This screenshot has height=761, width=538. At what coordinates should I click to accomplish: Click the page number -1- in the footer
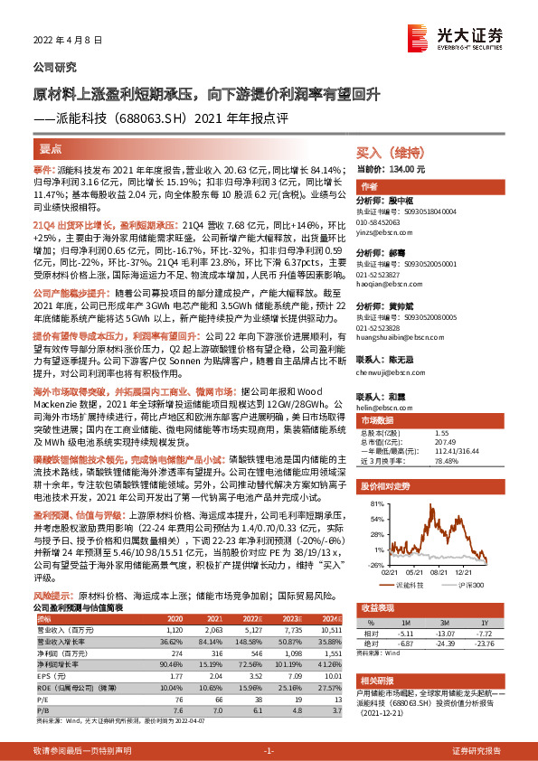coord(268,751)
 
